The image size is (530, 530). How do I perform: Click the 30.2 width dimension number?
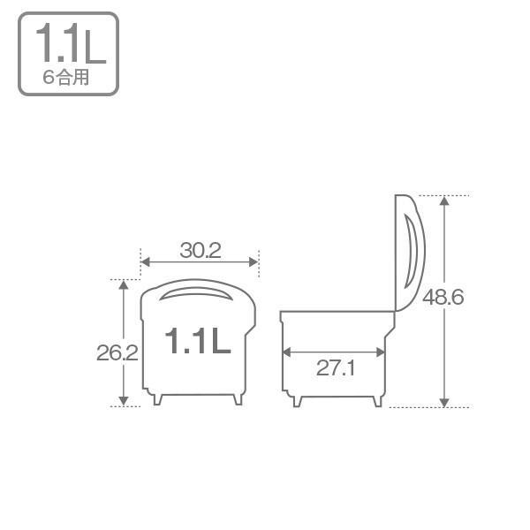tap(201, 251)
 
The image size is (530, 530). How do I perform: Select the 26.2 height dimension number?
tap(117, 352)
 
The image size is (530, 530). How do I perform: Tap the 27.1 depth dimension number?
tap(336, 367)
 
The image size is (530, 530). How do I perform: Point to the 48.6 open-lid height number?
tap(443, 297)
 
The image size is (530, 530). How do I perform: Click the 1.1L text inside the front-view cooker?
tap(198, 341)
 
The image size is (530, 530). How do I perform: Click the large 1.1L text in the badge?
tap(71, 43)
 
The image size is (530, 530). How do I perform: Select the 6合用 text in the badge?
tap(66, 77)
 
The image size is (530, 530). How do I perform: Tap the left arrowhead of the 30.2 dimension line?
tap(146, 262)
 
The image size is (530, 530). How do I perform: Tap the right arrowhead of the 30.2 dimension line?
tap(254, 262)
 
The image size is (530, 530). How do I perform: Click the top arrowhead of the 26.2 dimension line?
tap(124, 284)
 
